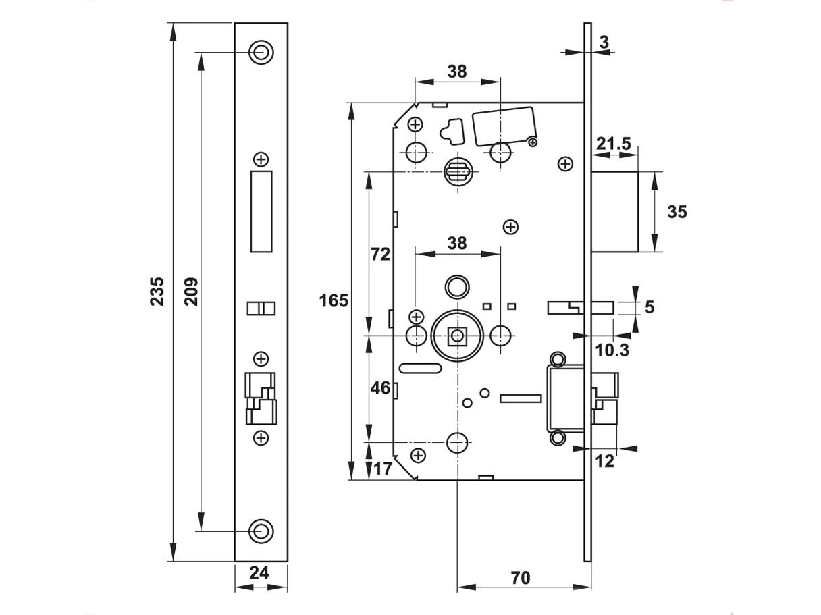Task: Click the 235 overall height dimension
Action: pos(157,291)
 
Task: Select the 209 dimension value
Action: pos(191,291)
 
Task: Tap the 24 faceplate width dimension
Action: pos(259,573)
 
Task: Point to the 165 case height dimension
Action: pos(334,300)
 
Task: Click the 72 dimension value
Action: pos(381,255)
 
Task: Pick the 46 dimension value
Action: pos(381,388)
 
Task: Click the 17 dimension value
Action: pos(382,468)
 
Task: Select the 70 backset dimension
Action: pos(520,578)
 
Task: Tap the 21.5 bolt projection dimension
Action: pos(613,143)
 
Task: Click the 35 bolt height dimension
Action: pos(677,211)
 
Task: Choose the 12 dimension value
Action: pos(606,461)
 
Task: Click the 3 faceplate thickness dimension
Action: pos(604,42)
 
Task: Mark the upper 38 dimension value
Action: pos(457,72)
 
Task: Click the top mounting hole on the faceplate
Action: pos(261,51)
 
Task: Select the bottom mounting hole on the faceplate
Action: pos(261,531)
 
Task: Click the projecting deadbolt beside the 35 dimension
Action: pos(615,211)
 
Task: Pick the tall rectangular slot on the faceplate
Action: pos(261,211)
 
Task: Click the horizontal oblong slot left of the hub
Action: pos(420,368)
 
